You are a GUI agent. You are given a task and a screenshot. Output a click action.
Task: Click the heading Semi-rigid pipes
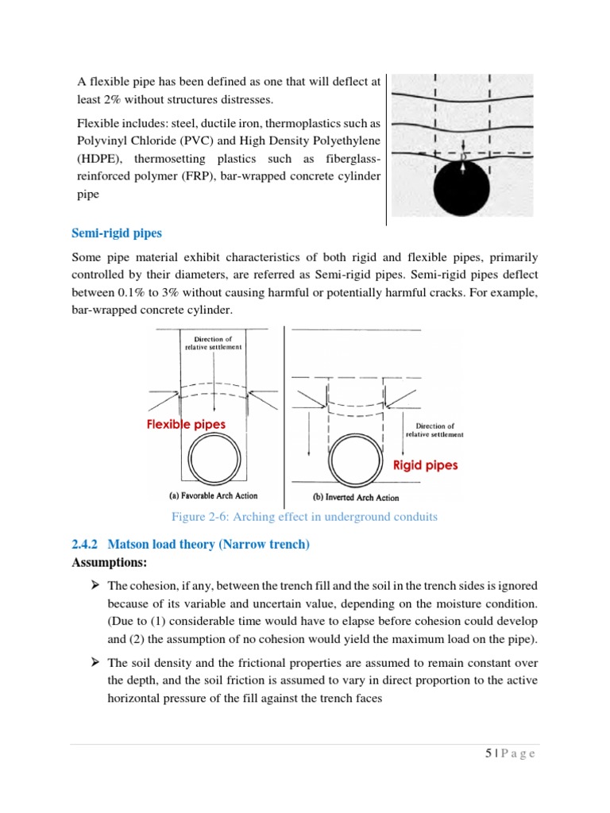[116, 233]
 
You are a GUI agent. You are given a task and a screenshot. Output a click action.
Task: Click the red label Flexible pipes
[186, 425]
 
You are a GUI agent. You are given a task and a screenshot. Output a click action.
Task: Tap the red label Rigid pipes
[426, 465]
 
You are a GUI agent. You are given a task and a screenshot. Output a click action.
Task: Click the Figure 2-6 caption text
[304, 518]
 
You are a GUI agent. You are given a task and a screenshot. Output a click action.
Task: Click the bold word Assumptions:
[110, 562]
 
